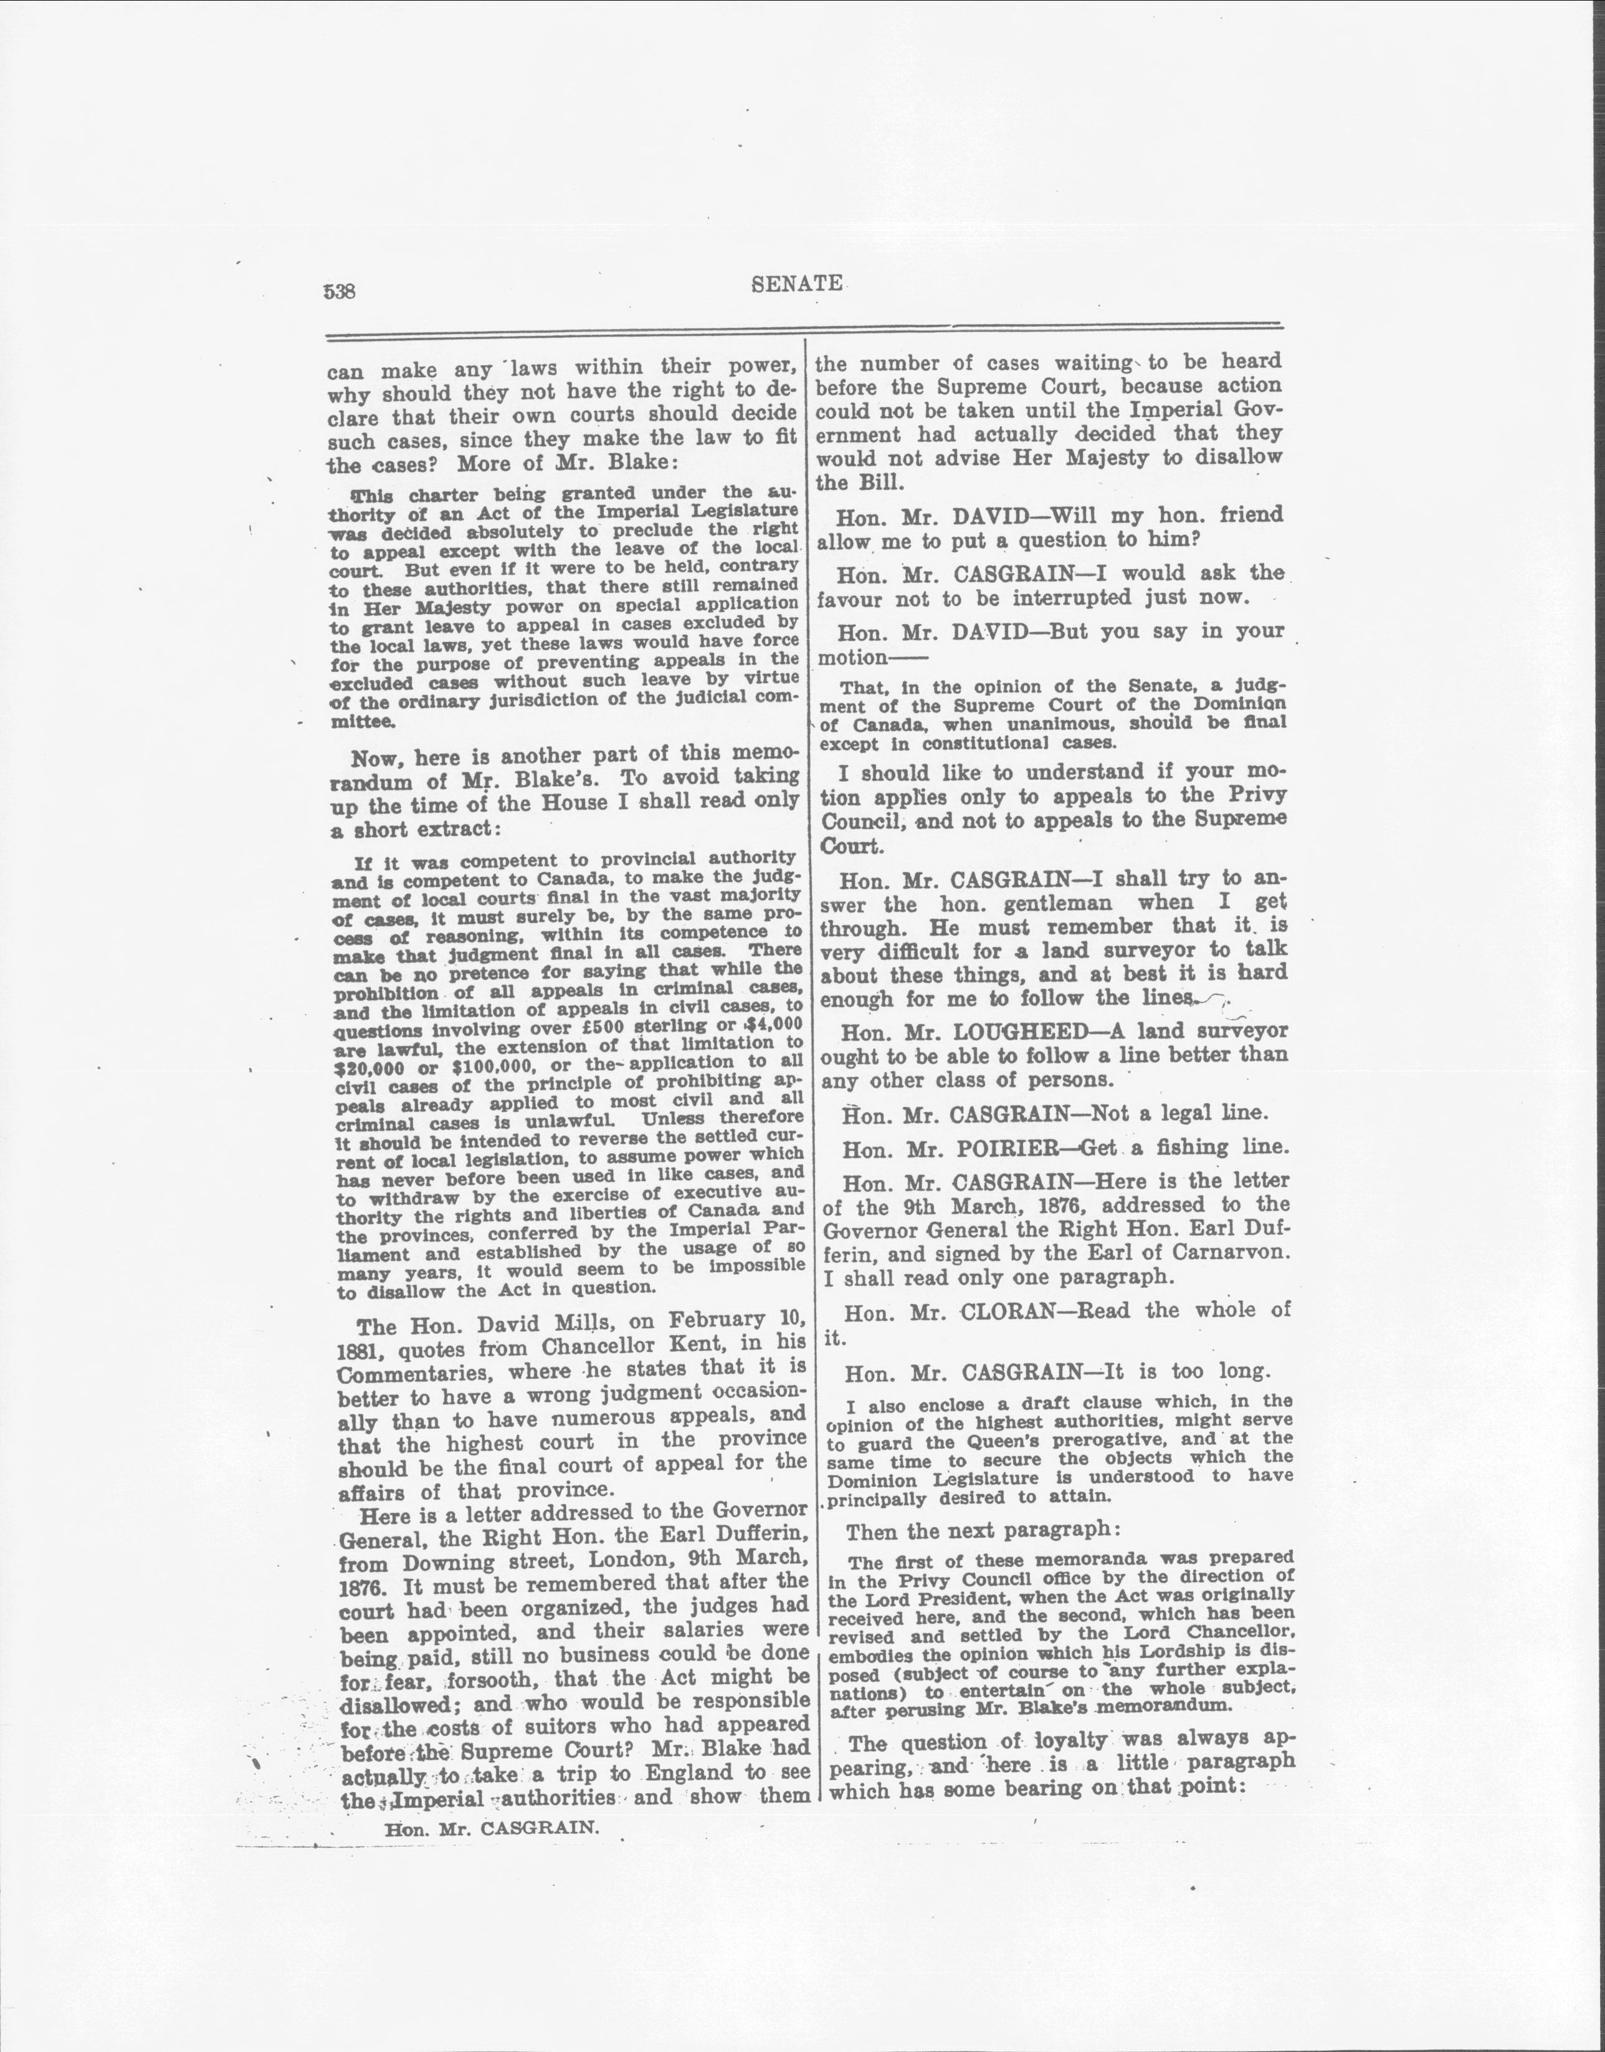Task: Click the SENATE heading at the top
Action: [x=797, y=284]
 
